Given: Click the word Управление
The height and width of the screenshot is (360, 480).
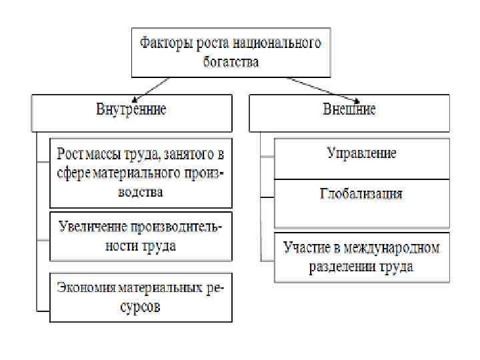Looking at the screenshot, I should pos(361,153).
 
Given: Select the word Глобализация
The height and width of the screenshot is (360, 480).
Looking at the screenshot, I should pos(361,194).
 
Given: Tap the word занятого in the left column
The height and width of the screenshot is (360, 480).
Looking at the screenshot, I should pos(183,154).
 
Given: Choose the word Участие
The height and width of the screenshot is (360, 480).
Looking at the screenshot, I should pos(307,249).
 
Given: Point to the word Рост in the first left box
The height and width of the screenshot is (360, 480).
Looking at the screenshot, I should pos(70,154).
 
